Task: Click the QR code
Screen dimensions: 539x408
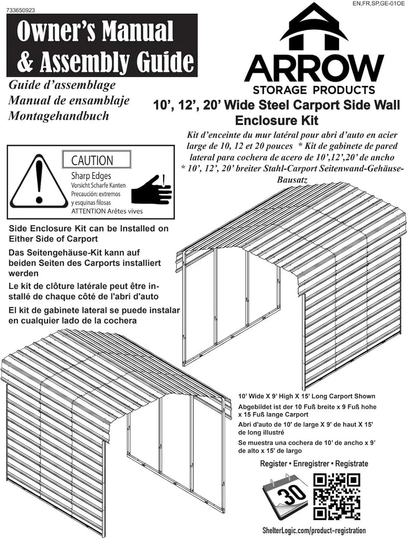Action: coord(337,497)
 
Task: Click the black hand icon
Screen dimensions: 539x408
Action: coord(151,190)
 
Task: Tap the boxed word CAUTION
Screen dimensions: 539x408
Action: coord(92,161)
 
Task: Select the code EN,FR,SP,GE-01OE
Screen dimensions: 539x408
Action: coord(379,4)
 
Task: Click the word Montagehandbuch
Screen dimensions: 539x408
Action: coord(59,116)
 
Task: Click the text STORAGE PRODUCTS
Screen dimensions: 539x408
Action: coord(314,91)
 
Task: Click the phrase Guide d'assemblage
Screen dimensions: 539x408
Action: coord(62,85)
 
